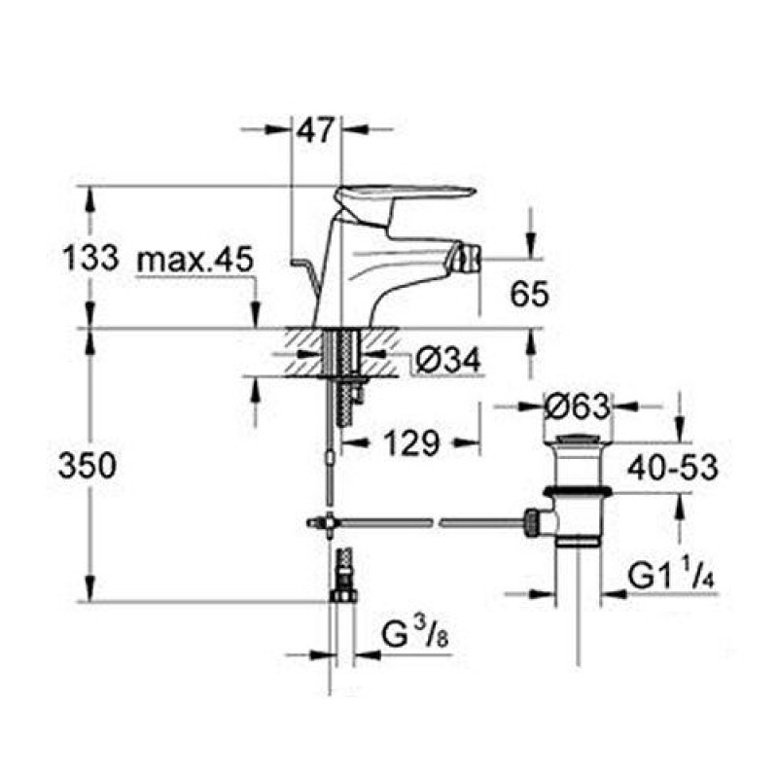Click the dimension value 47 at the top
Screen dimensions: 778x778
click(x=317, y=128)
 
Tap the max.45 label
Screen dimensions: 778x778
click(x=195, y=261)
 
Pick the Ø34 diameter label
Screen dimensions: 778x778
click(x=448, y=361)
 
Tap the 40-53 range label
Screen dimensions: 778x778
click(x=669, y=467)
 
